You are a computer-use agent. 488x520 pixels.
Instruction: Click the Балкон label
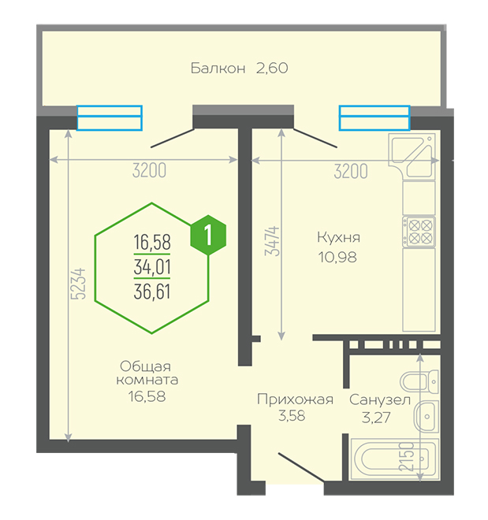[x=218, y=68]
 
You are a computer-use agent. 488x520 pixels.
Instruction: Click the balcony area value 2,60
[x=271, y=68]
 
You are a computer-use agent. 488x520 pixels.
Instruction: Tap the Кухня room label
[x=338, y=236]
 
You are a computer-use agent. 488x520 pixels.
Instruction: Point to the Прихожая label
[x=295, y=399]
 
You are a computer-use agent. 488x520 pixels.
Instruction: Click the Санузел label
[x=380, y=399]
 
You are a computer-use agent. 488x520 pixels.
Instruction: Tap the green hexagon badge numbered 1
[x=209, y=234]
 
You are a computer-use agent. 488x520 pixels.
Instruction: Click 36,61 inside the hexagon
[x=152, y=292]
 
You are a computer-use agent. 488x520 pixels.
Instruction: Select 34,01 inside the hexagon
[x=152, y=266]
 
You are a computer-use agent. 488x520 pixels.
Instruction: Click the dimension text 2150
[x=405, y=456]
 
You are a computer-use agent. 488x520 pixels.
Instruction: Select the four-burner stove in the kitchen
[x=419, y=232]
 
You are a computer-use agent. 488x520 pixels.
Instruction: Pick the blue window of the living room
[x=110, y=117]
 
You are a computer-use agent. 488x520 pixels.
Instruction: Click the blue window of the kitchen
[x=374, y=117]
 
